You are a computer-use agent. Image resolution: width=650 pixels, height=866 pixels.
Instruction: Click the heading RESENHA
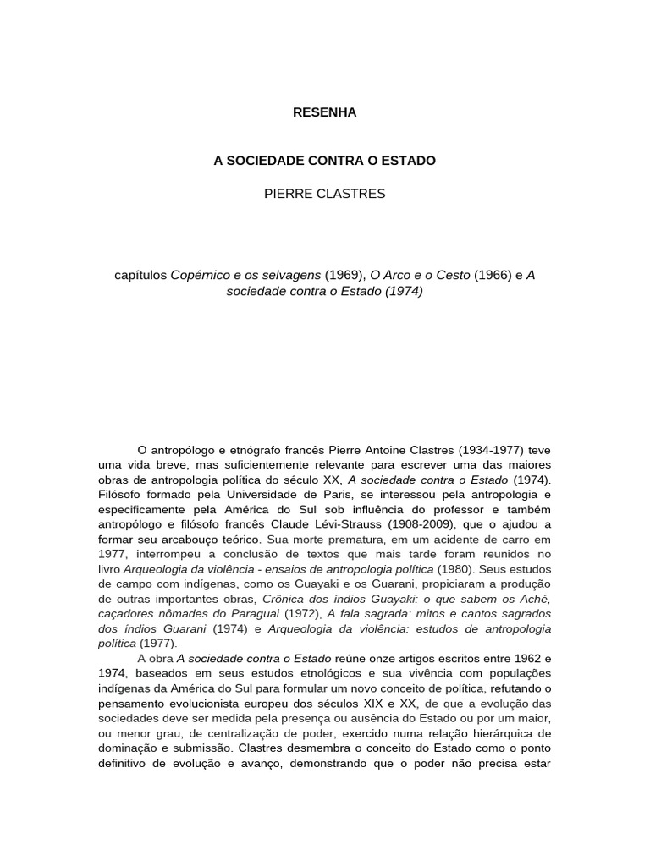coord(324,112)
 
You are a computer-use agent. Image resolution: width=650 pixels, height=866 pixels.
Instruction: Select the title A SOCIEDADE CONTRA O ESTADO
coord(324,160)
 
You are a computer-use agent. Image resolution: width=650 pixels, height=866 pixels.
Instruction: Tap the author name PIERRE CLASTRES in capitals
coord(324,194)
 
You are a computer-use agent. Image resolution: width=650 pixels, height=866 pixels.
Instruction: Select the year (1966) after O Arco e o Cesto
coord(493,275)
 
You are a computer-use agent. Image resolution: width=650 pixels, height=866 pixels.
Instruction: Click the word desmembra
coord(288,748)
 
